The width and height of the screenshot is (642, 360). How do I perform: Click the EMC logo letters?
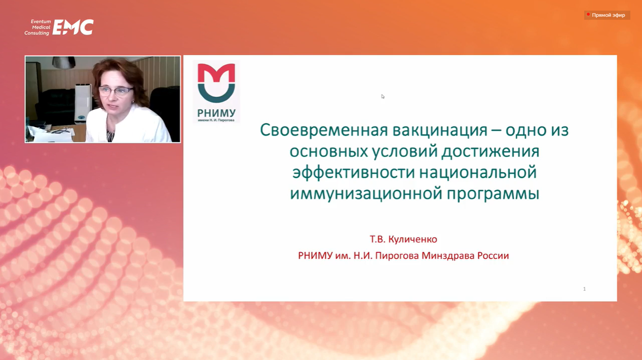(73, 27)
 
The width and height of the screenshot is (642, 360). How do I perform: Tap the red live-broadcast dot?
(588, 14)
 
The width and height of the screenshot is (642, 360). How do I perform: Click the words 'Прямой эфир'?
(609, 15)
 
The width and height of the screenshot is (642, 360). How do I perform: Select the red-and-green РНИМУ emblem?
(216, 83)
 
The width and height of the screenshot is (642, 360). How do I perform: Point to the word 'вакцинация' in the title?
(440, 131)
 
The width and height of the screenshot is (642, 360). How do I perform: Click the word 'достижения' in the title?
(490, 152)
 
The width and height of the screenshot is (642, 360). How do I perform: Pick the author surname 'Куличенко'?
(412, 239)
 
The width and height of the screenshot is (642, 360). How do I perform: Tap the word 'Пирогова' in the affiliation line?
(397, 256)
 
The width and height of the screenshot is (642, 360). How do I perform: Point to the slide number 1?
(584, 289)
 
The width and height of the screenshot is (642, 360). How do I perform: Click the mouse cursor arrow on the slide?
(383, 97)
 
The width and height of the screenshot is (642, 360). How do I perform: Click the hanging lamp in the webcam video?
(64, 62)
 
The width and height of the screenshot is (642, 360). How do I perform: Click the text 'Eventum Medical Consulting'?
(37, 27)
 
